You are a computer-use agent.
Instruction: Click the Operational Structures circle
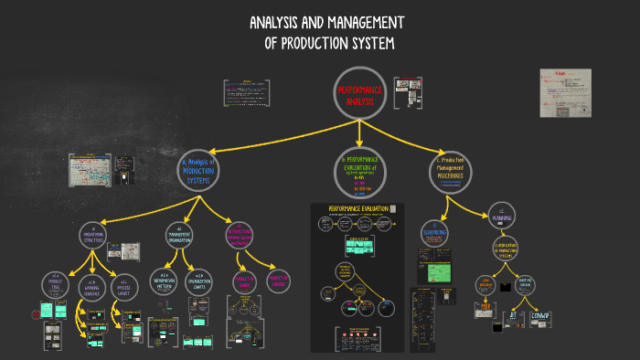pyautogui.click(x=94, y=237)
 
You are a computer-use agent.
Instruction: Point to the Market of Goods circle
pyautogui.click(x=242, y=280)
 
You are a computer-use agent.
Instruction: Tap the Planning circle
pyautogui.click(x=501, y=216)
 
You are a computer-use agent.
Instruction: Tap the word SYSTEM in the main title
pyautogui.click(x=367, y=44)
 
